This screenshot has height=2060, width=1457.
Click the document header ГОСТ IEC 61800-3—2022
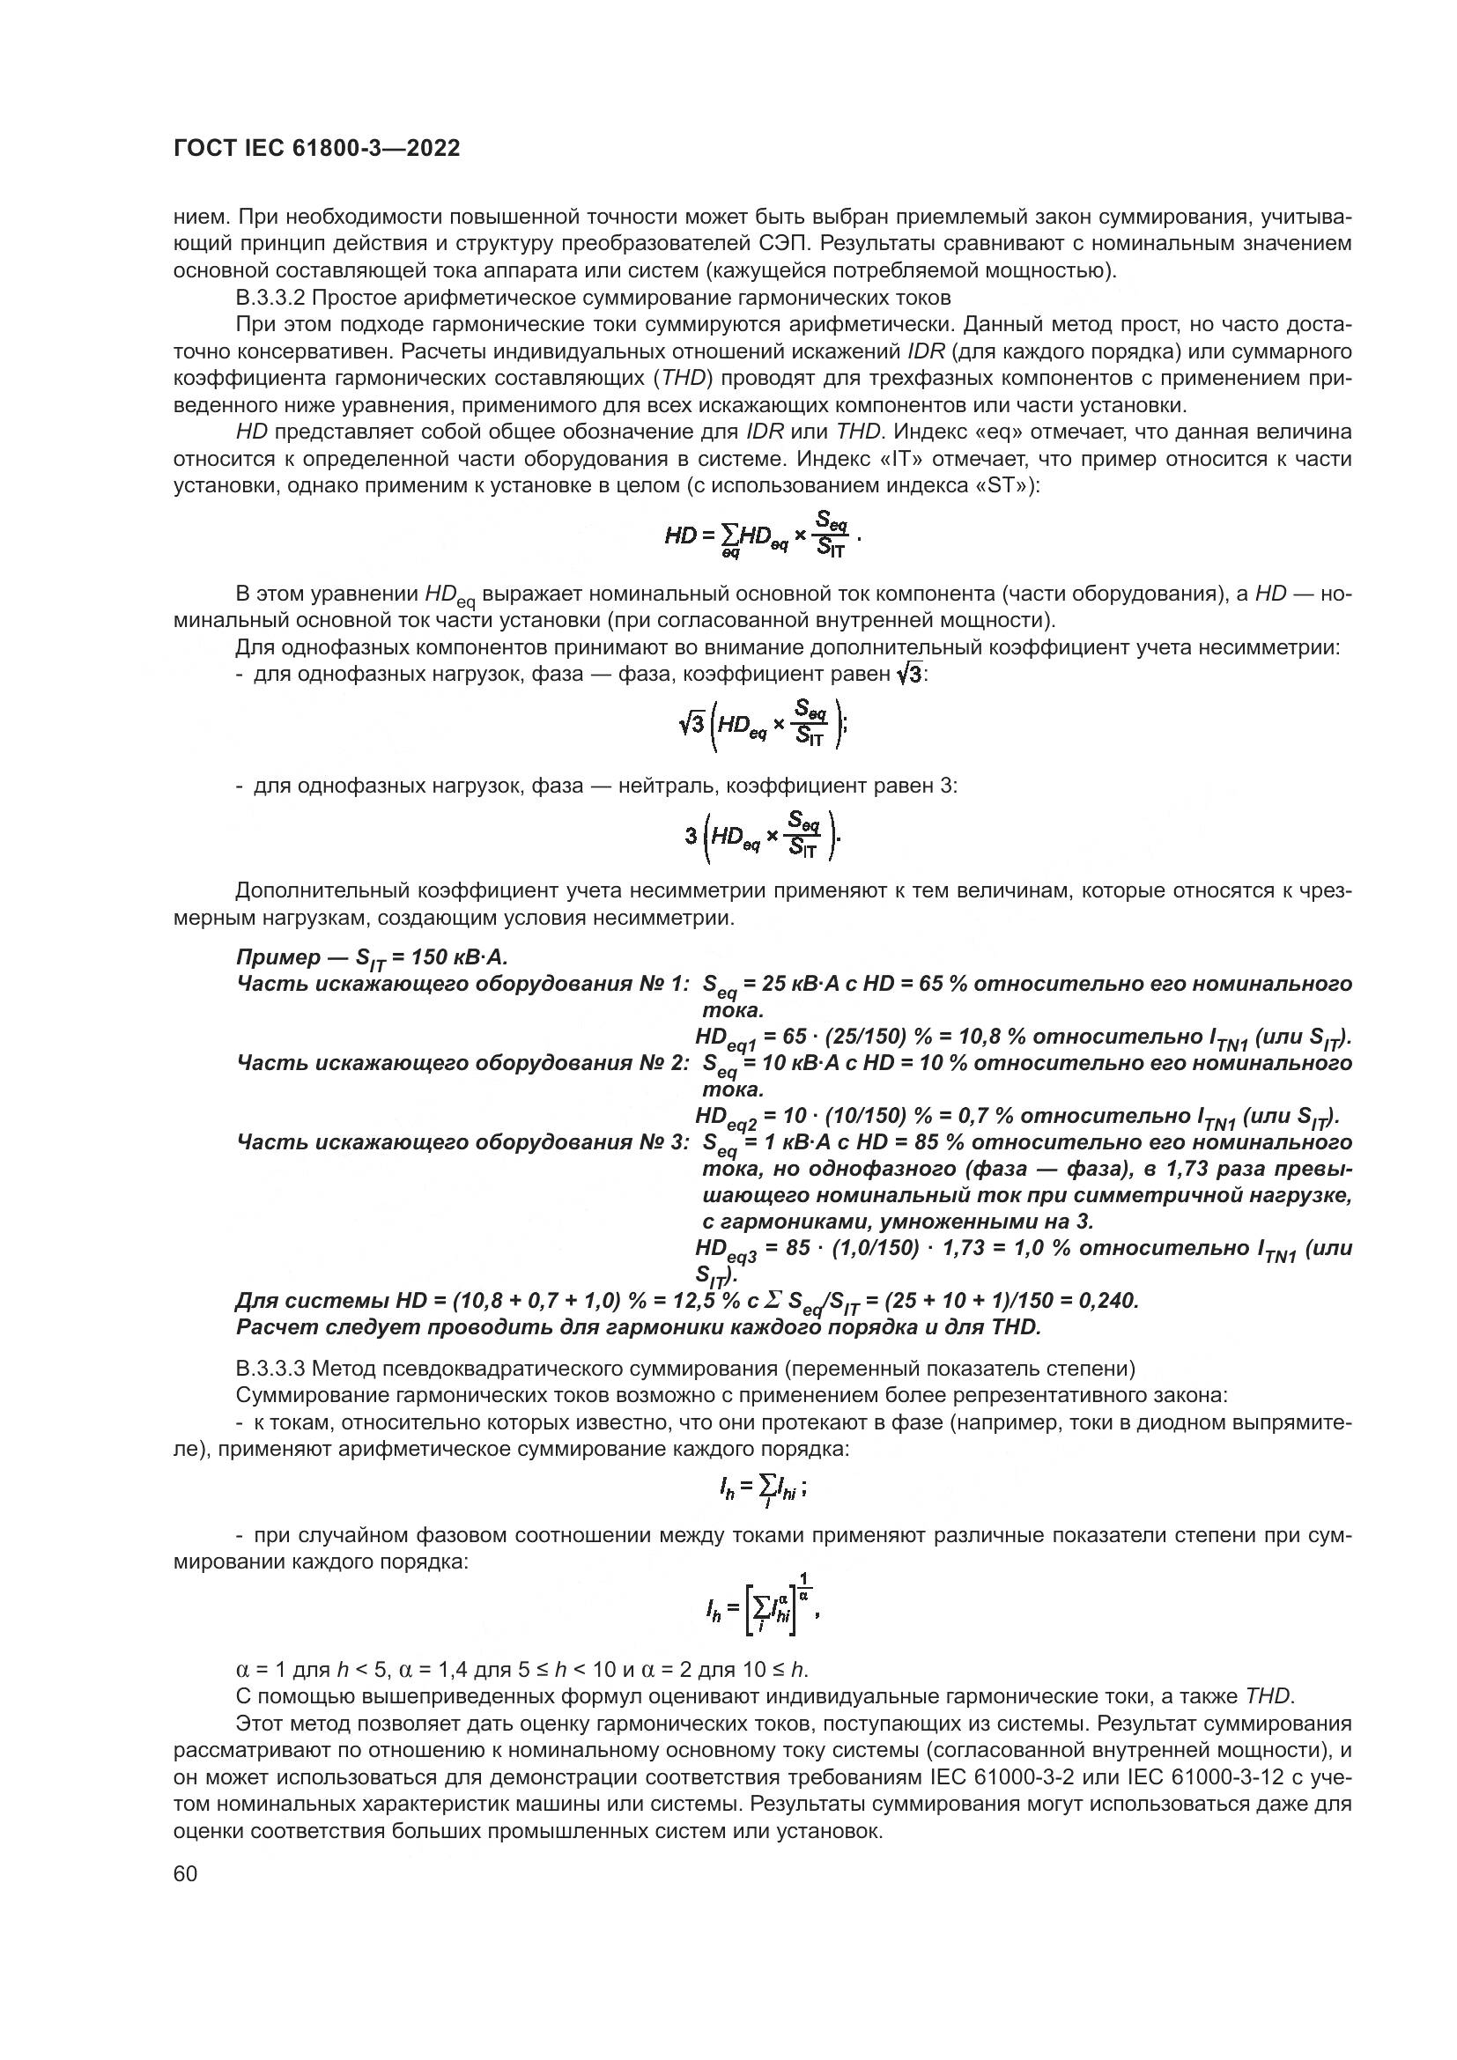click(317, 149)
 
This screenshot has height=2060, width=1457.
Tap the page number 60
click(186, 1874)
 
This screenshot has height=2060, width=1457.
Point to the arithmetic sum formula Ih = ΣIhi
click(761, 1490)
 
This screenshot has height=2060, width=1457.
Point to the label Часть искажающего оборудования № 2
click(462, 1063)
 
